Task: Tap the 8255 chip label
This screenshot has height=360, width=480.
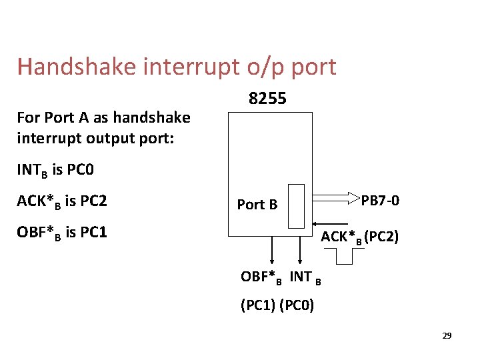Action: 267,99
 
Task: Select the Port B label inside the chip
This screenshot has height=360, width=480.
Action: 257,205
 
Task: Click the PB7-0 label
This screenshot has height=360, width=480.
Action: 380,200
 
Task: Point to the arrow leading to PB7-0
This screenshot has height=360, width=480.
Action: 333,198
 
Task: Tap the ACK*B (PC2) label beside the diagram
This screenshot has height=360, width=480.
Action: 360,236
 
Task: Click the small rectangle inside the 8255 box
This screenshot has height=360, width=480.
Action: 297,206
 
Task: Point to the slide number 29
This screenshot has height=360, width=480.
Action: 447,335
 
